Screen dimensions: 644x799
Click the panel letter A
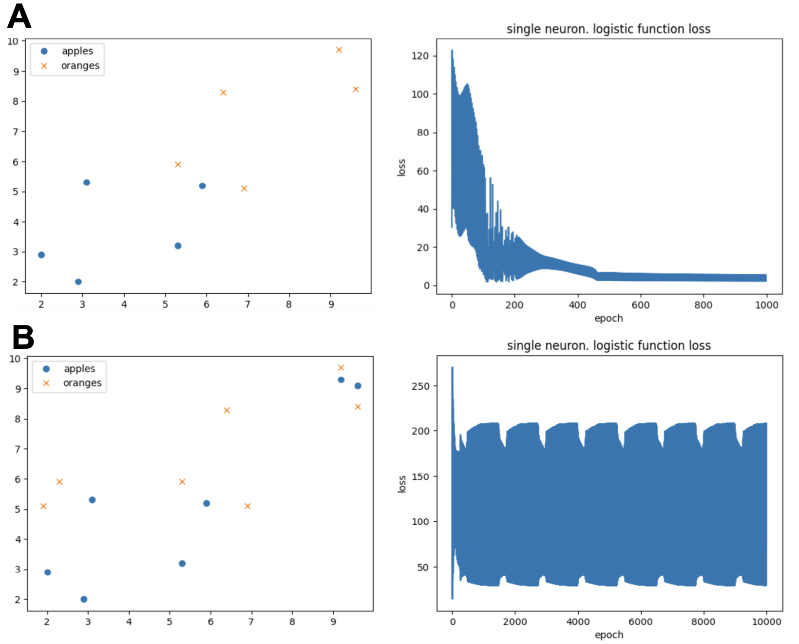click(x=19, y=17)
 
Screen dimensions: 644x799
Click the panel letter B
click(x=23, y=337)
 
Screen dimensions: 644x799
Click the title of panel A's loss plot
click(x=609, y=29)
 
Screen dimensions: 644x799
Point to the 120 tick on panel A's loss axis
click(x=420, y=56)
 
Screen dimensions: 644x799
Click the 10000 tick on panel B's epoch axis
click(x=766, y=622)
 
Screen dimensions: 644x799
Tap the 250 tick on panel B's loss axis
click(x=421, y=386)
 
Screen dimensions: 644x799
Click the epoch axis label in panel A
click(x=609, y=318)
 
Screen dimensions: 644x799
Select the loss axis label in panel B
click(x=401, y=484)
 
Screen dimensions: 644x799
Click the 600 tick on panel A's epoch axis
click(x=640, y=305)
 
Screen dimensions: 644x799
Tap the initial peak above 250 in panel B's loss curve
click(x=452, y=369)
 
